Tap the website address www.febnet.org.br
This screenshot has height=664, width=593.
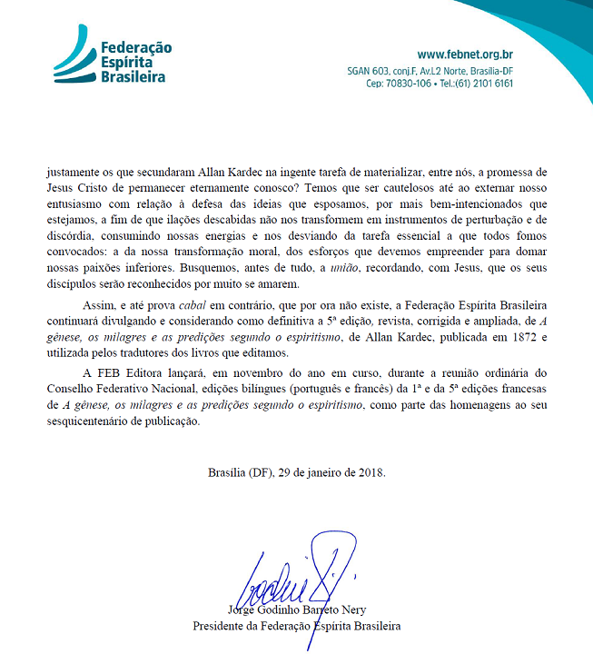point(465,54)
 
